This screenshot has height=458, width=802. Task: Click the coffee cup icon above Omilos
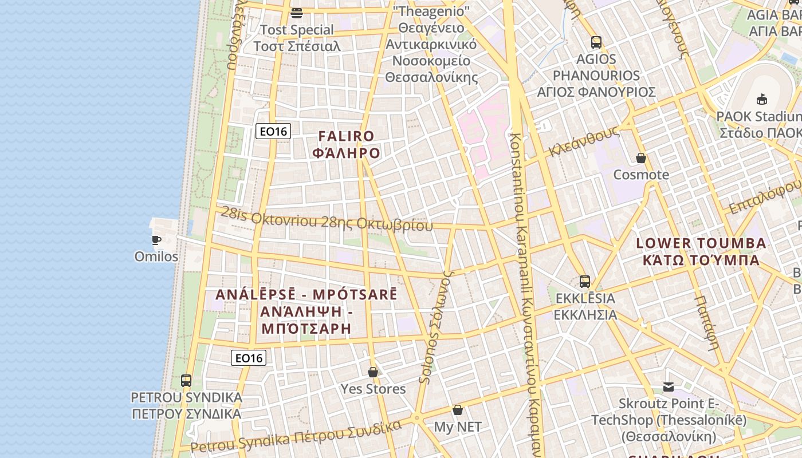pyautogui.click(x=156, y=240)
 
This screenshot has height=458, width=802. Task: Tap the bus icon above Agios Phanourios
pyautogui.click(x=596, y=42)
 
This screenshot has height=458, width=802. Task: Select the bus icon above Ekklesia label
pyautogui.click(x=585, y=282)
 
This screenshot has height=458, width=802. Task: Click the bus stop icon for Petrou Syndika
pyautogui.click(x=186, y=380)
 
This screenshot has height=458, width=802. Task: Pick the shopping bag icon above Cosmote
pyautogui.click(x=641, y=158)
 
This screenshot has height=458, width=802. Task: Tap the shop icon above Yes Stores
pyautogui.click(x=373, y=372)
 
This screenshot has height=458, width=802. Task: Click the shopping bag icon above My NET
pyautogui.click(x=457, y=410)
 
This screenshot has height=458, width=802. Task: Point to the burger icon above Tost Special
pyautogui.click(x=297, y=13)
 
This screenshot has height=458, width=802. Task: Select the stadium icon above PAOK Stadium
pyautogui.click(x=762, y=100)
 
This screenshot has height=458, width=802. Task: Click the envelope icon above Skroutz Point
pyautogui.click(x=669, y=387)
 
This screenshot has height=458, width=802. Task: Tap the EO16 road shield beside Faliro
pyautogui.click(x=273, y=132)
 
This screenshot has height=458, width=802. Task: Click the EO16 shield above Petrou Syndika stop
pyautogui.click(x=249, y=358)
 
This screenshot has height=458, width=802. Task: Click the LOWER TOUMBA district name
pyautogui.click(x=701, y=251)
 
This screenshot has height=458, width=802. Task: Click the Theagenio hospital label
pyautogui.click(x=431, y=44)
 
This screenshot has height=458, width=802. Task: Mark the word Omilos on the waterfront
pyautogui.click(x=156, y=256)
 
